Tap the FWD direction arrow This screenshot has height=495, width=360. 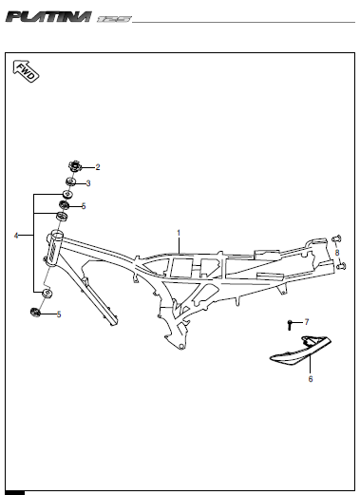pos(26,72)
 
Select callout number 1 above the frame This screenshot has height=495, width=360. pos(178,232)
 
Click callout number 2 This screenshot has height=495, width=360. pos(97,166)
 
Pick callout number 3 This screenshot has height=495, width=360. pos(88,182)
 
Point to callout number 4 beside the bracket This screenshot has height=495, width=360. pos(16,235)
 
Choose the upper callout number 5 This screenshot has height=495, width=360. pos(84,206)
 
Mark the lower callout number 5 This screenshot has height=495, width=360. pos(58,314)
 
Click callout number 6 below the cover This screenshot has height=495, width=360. pos(310,378)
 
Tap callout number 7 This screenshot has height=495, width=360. pos(307,323)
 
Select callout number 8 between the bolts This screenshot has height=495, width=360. pos(337,252)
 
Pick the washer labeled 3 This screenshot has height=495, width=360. pos(71,182)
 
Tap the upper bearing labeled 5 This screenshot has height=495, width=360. pos(66,205)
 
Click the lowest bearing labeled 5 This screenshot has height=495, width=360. pos(37,313)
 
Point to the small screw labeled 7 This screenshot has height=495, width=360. pos(290,324)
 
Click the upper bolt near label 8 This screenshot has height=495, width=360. pos(337,238)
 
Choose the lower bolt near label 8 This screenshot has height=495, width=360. pos(339,266)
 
